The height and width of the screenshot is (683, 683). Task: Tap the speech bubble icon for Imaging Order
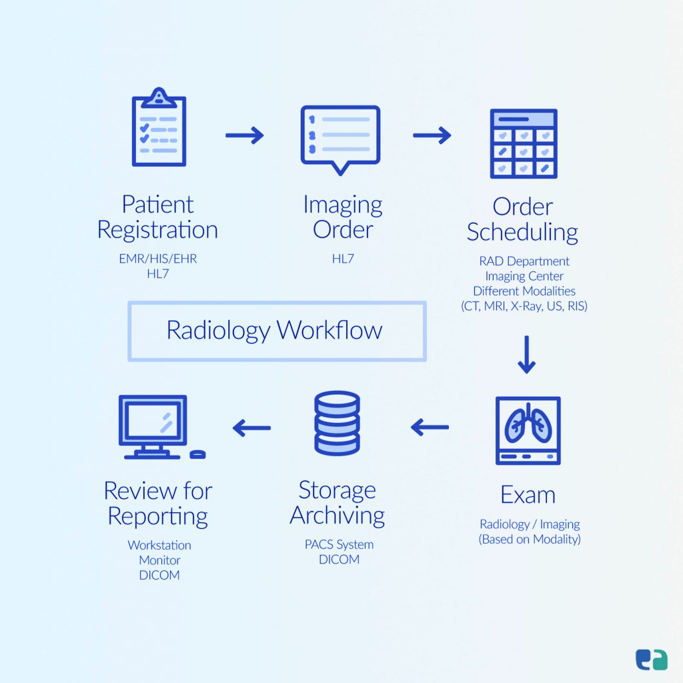(340, 137)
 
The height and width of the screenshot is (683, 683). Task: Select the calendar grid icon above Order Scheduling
(524, 143)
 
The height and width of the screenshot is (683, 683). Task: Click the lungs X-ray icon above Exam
(528, 430)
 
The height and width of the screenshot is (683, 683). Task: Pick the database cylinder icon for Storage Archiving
(337, 423)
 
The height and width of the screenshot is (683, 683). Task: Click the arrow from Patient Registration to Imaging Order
(244, 136)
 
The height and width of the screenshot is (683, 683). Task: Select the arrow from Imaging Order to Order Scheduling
(432, 136)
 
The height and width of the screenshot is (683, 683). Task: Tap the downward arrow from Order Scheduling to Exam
(526, 355)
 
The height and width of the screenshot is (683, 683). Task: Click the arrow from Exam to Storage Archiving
(430, 427)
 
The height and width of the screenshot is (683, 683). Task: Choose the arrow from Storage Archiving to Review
(251, 428)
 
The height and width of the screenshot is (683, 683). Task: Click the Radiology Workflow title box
(277, 331)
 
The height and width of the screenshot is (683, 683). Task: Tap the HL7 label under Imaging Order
(342, 259)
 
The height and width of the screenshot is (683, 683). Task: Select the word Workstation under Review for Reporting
(159, 545)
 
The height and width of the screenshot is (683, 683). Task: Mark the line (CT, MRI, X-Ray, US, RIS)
(524, 307)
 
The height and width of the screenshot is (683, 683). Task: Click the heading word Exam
(528, 495)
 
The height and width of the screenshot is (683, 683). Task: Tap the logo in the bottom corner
(651, 659)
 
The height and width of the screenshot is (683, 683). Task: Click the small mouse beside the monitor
(197, 454)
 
